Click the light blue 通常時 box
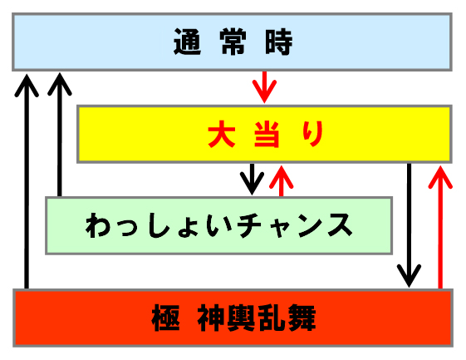(x=232, y=42)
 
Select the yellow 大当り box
(x=264, y=134)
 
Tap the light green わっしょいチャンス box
(x=218, y=225)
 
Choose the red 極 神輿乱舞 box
(x=233, y=318)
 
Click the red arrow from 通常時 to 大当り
(x=264, y=87)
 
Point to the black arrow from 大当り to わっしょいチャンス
(x=252, y=179)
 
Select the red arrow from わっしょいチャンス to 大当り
(x=281, y=181)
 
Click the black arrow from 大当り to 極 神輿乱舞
(x=410, y=225)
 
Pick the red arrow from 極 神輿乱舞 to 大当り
(x=440, y=227)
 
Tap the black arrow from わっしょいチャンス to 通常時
(x=60, y=135)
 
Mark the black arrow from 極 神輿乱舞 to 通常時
(x=27, y=181)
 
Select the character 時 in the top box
(x=279, y=42)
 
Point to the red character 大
(x=222, y=134)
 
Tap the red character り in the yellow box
(x=313, y=134)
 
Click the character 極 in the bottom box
(x=165, y=318)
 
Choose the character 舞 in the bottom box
(x=302, y=318)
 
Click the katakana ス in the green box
(x=341, y=225)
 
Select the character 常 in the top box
(x=233, y=42)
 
